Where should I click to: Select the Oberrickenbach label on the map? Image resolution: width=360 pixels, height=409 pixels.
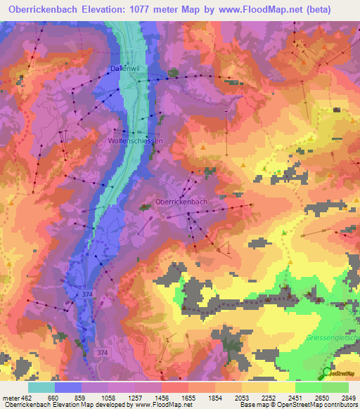[x=181, y=202]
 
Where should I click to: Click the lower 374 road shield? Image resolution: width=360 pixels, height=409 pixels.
[x=104, y=351]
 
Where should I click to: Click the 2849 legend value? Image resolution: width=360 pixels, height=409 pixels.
[x=340, y=397]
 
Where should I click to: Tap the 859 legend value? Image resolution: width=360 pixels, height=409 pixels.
[x=89, y=397]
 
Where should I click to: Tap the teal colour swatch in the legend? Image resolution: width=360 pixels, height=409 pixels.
[x=41, y=387]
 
